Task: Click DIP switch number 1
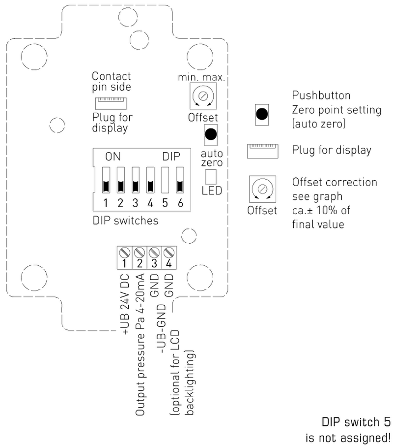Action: pyautogui.click(x=105, y=180)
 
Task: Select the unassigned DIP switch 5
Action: pyautogui.click(x=166, y=180)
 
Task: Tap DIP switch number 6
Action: pyautogui.click(x=180, y=180)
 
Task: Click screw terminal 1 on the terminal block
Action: pyautogui.click(x=125, y=254)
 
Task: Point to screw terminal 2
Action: pyautogui.click(x=140, y=254)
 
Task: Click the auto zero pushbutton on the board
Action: pyautogui.click(x=211, y=133)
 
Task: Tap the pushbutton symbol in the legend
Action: pyautogui.click(x=262, y=114)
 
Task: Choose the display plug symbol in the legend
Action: pyautogui.click(x=263, y=151)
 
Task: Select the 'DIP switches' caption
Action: pyautogui.click(x=126, y=221)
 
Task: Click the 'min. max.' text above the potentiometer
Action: pyautogui.click(x=202, y=78)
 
